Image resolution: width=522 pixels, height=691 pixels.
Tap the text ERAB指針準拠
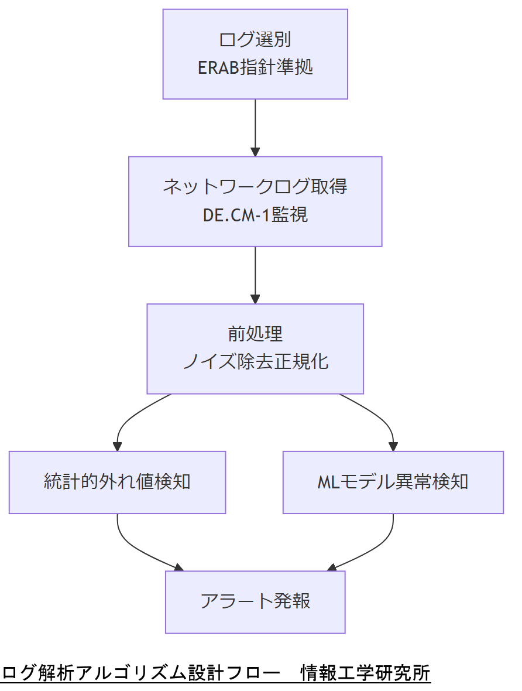[x=255, y=67]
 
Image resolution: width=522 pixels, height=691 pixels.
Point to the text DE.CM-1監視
[x=255, y=215]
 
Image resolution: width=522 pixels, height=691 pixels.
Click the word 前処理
[x=255, y=334]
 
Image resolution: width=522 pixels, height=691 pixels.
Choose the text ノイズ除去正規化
[x=255, y=361]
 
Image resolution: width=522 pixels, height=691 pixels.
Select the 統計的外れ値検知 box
[x=117, y=482]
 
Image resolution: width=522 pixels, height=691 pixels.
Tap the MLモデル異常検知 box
[x=393, y=482]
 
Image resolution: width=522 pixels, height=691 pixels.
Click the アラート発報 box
[x=255, y=601]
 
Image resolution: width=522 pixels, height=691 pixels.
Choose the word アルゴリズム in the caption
[x=123, y=673]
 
